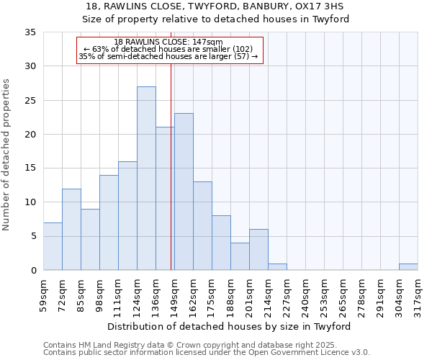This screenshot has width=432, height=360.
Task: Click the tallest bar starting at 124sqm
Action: click(146, 179)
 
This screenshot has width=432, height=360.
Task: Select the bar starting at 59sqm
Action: click(53, 246)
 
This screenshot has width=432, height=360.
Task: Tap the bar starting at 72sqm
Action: click(71, 229)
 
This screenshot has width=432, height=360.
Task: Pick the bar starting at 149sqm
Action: click(184, 192)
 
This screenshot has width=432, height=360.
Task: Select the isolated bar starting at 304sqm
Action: click(408, 266)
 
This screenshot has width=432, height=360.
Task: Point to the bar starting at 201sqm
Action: click(258, 250)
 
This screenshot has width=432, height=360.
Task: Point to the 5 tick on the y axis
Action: click(33, 236)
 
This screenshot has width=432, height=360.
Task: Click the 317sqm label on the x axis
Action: click(418, 295)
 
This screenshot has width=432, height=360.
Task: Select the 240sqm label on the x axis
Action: click(306, 295)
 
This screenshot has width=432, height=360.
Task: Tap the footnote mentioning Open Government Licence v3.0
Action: click(207, 353)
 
